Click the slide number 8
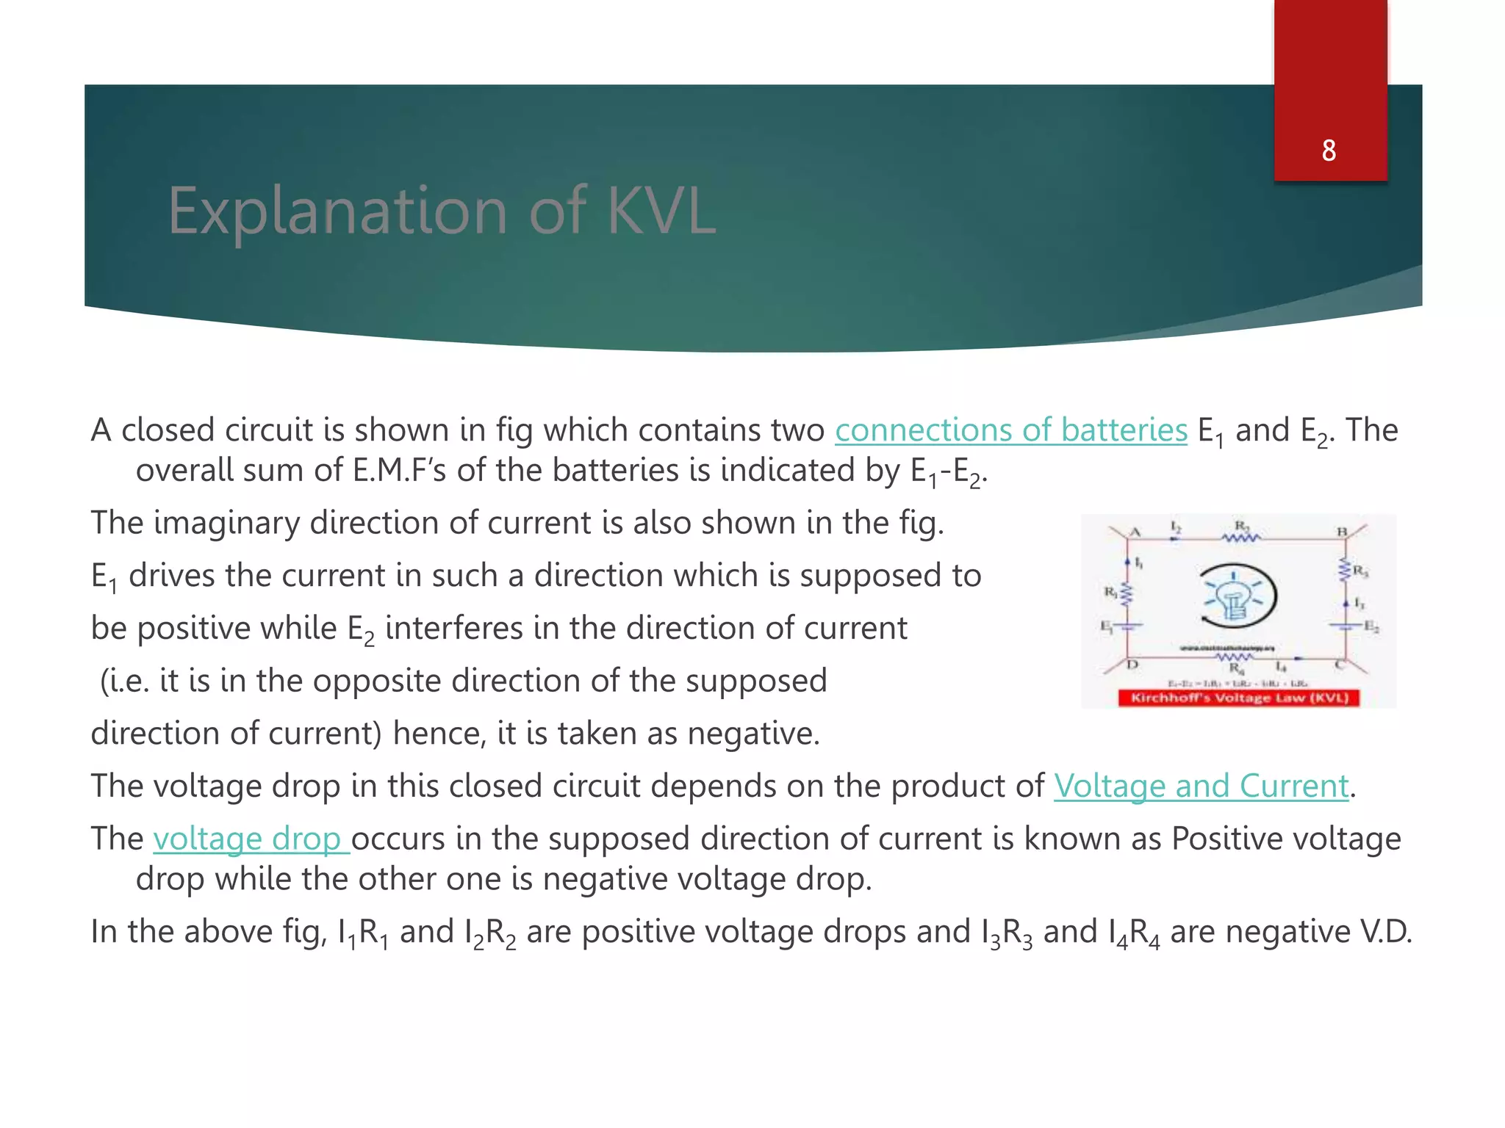pos(1329,151)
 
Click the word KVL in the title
pos(661,211)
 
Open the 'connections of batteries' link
pos(1010,430)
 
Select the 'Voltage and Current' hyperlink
pos(1202,787)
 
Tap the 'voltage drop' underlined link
pos(250,839)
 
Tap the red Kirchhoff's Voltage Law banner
pos(1239,698)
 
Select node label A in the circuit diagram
pos(1135,532)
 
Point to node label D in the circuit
pos(1132,665)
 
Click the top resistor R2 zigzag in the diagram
pos(1241,538)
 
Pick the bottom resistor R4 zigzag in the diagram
pos(1235,657)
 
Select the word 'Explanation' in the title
pos(338,211)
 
